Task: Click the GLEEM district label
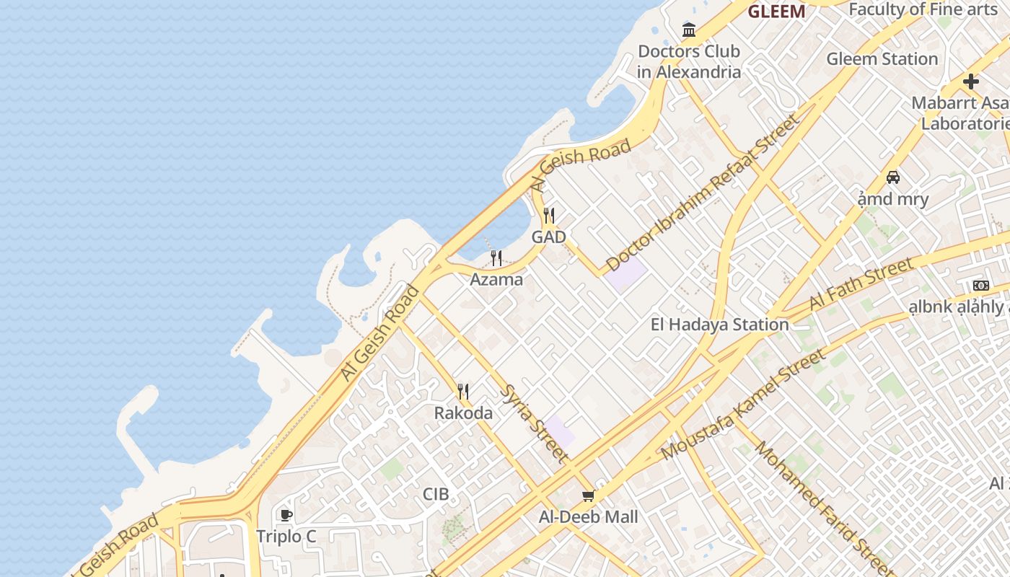pyautogui.click(x=776, y=12)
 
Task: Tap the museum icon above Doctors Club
pyautogui.click(x=689, y=30)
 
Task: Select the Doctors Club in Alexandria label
pyautogui.click(x=689, y=61)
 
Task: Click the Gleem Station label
pyautogui.click(x=882, y=59)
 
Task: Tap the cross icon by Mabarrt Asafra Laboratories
pyautogui.click(x=971, y=82)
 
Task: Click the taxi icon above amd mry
pyautogui.click(x=893, y=177)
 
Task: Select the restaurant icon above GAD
pyautogui.click(x=549, y=216)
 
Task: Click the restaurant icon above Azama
pyautogui.click(x=496, y=257)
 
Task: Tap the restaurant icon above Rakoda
pyautogui.click(x=463, y=392)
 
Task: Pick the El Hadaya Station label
pyautogui.click(x=719, y=325)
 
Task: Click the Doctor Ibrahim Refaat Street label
pyautogui.click(x=703, y=193)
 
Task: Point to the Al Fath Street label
pyautogui.click(x=861, y=284)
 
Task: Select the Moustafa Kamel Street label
pyautogui.click(x=743, y=405)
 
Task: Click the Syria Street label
pyautogui.click(x=533, y=423)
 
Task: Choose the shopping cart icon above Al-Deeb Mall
pyautogui.click(x=588, y=496)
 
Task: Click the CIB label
pyautogui.click(x=436, y=494)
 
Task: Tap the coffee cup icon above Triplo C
pyautogui.click(x=286, y=515)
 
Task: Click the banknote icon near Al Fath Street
pyautogui.click(x=980, y=286)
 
